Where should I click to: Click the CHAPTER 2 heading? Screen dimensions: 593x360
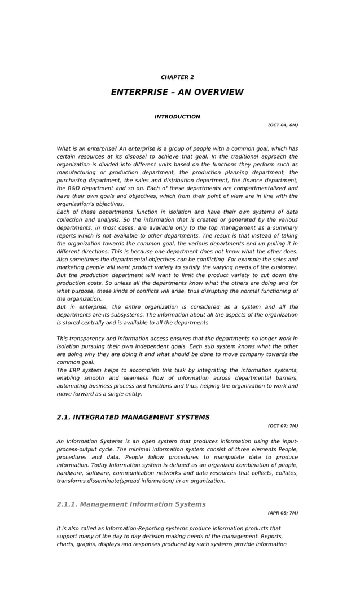click(177, 77)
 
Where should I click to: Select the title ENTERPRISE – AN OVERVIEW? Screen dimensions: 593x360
click(177, 92)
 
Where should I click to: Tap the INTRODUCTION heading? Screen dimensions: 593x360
click(177, 117)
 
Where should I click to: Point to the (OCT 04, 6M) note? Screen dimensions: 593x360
click(283, 125)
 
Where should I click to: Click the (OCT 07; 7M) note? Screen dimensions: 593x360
click(283, 426)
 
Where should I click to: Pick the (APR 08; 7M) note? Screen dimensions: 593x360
click(283, 513)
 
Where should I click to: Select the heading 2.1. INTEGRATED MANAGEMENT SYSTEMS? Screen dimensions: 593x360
click(133, 418)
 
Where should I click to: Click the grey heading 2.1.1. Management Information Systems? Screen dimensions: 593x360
click(131, 504)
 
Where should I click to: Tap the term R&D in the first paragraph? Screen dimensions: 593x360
click(73, 188)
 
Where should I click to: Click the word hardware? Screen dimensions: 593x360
click(69, 473)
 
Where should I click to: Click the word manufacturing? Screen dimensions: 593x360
click(76, 172)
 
